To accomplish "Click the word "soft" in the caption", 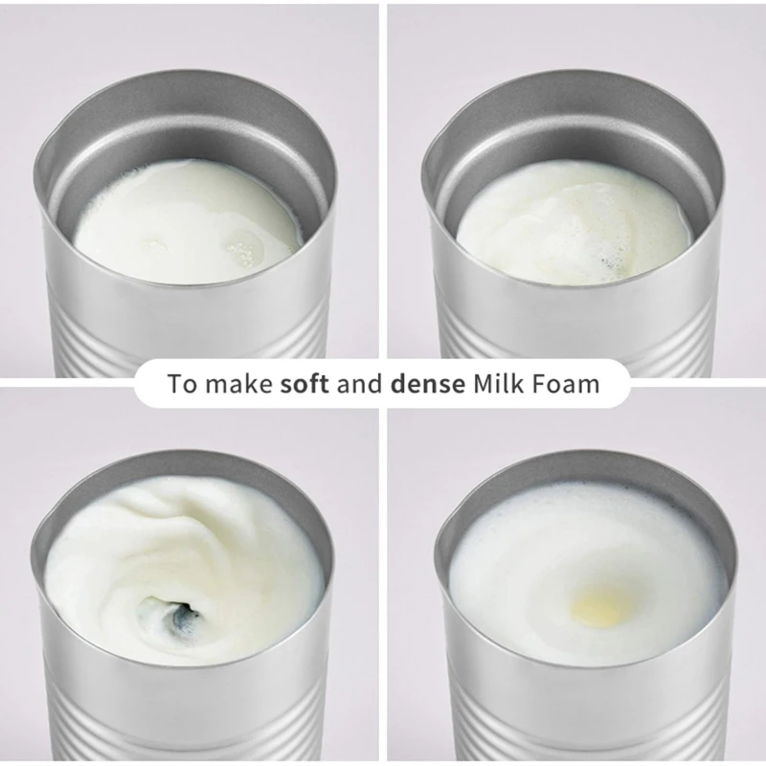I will (x=304, y=385).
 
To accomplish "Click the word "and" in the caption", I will (x=360, y=385).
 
